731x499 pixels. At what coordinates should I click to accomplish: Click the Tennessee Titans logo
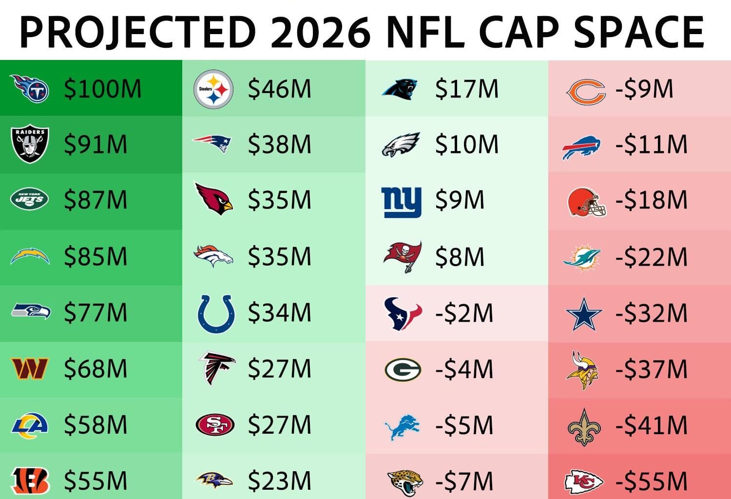point(30,88)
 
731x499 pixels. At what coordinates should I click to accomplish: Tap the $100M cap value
point(102,89)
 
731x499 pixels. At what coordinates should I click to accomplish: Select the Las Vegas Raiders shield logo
point(30,144)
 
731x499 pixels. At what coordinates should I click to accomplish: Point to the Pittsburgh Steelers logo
point(213,89)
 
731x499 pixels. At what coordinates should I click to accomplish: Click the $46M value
point(279,89)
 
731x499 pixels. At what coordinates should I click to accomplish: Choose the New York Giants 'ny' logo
point(401,201)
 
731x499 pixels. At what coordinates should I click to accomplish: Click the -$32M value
point(651,313)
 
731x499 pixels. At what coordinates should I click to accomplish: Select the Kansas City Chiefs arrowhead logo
point(584,481)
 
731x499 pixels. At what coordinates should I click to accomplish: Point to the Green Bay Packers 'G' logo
point(403,369)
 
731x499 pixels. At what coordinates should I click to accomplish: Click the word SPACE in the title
point(638,32)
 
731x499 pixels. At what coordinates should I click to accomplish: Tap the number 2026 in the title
point(320,32)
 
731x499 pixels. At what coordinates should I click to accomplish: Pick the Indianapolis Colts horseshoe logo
point(216,313)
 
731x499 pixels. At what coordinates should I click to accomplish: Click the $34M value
point(279,313)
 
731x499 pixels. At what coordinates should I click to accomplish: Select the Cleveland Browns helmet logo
point(587,202)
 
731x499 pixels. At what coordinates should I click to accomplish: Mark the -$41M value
point(651,425)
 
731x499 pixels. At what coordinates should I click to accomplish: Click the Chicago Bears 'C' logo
point(585,92)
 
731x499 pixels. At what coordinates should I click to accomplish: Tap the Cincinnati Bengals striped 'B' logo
point(30,481)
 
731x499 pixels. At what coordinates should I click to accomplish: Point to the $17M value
point(466,89)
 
